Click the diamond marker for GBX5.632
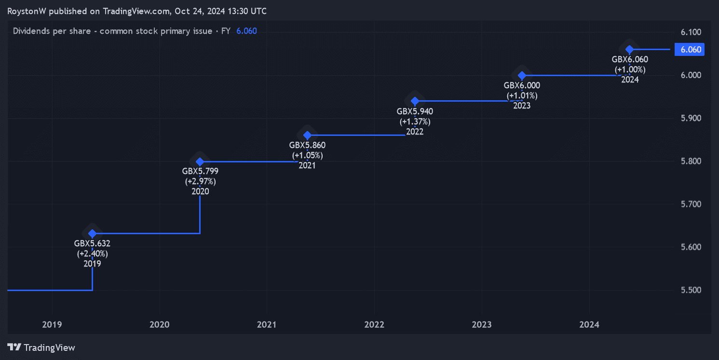coord(93,233)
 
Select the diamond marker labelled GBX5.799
coord(200,161)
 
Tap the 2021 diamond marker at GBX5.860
coord(307,135)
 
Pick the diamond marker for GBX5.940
coord(415,101)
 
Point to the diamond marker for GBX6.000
coord(522,75)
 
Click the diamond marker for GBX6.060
coord(629,49)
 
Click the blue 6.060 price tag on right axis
coord(690,50)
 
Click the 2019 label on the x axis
coord(52,325)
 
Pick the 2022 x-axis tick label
coord(374,325)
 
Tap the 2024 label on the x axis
coord(589,325)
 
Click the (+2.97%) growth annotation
coord(200,181)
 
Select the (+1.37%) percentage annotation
coord(415,121)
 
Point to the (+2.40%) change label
coord(92,253)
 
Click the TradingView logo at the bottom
coord(41,347)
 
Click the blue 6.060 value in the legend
coord(246,31)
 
